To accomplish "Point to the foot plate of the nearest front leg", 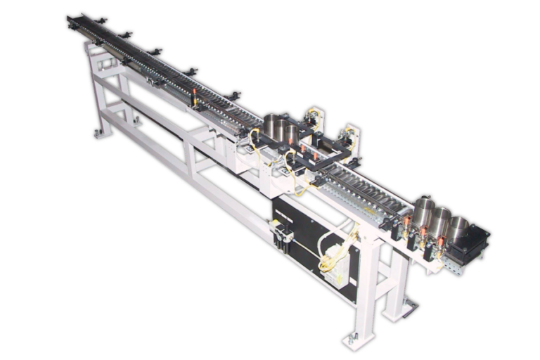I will tap(353, 342).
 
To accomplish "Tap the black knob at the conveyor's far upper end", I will tap(72, 20).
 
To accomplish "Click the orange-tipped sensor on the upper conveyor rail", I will tap(195, 101).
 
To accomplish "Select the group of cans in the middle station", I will tap(280, 128).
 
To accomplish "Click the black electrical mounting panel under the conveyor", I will tap(309, 243).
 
